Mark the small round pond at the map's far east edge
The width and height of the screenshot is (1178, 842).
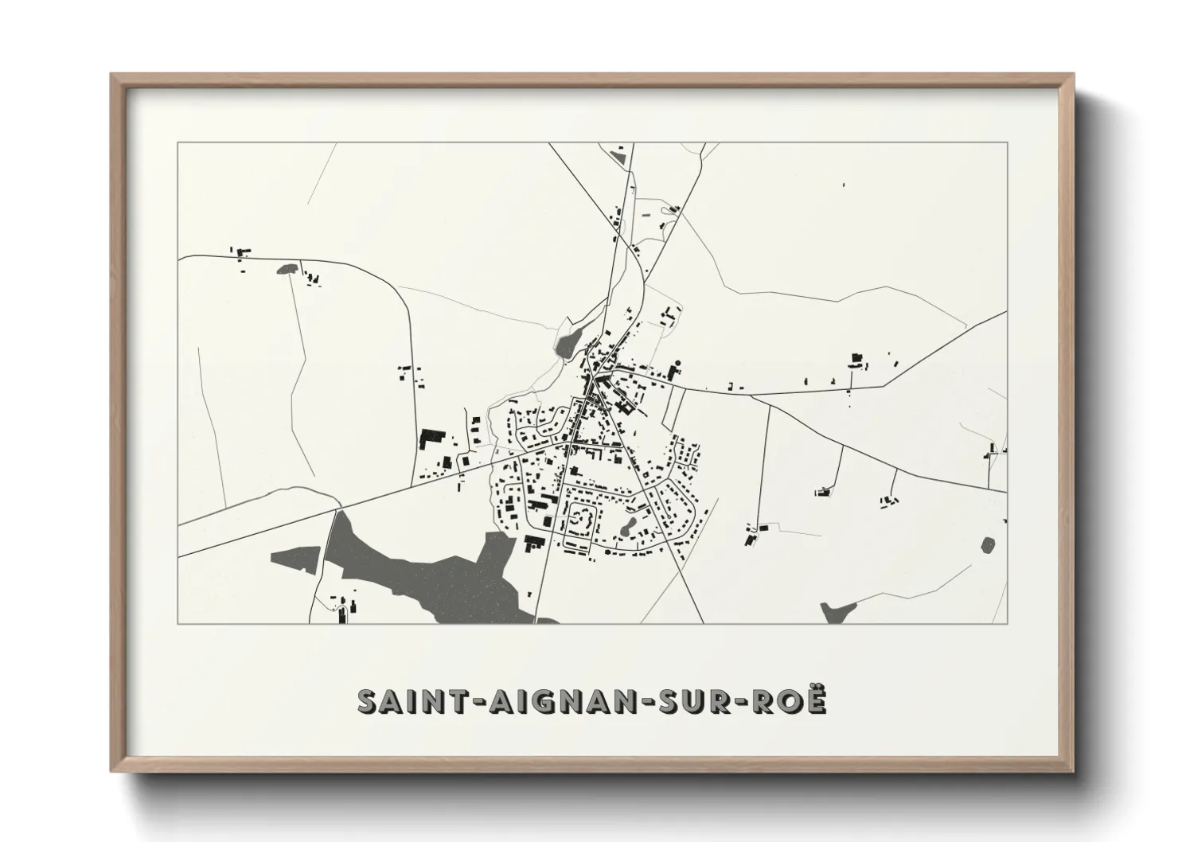[988, 545]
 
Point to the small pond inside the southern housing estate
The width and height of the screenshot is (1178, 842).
[628, 525]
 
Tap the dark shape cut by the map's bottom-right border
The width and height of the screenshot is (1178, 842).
[837, 613]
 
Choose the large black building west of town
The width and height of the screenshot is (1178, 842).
[431, 437]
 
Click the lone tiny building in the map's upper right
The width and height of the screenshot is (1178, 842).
[844, 186]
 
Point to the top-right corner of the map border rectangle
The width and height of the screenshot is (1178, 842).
[1007, 143]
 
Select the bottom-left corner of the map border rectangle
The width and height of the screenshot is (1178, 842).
[178, 623]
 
